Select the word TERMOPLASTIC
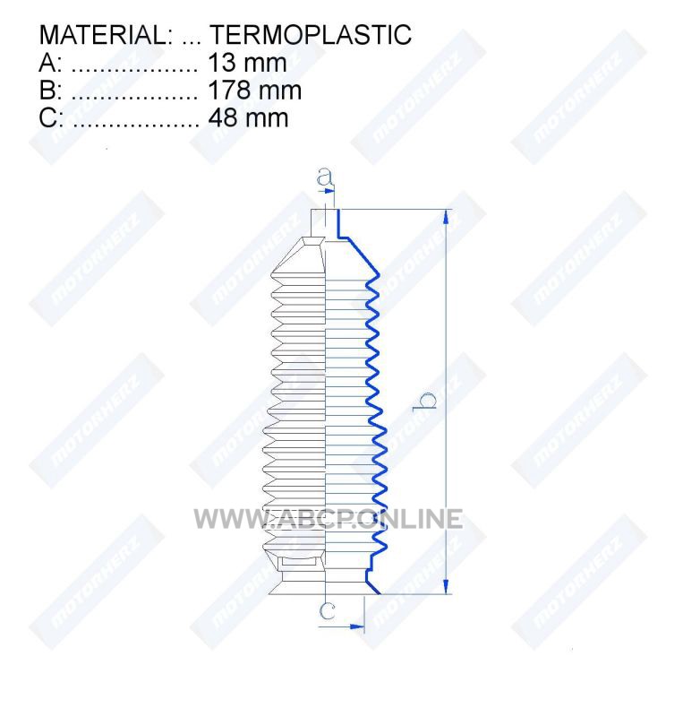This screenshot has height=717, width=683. pos(311,35)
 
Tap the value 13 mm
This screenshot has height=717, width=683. pos(248,63)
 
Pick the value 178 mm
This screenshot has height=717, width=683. pos(255,91)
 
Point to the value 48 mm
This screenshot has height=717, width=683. pos(248,118)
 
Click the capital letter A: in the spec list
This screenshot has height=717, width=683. pos(50,63)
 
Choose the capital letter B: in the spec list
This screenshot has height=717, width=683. pos(51,91)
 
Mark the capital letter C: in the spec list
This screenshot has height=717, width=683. pos(51,118)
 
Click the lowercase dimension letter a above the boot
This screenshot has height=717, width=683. pos(325,177)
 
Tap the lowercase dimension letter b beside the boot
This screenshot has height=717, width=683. pos(424,402)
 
